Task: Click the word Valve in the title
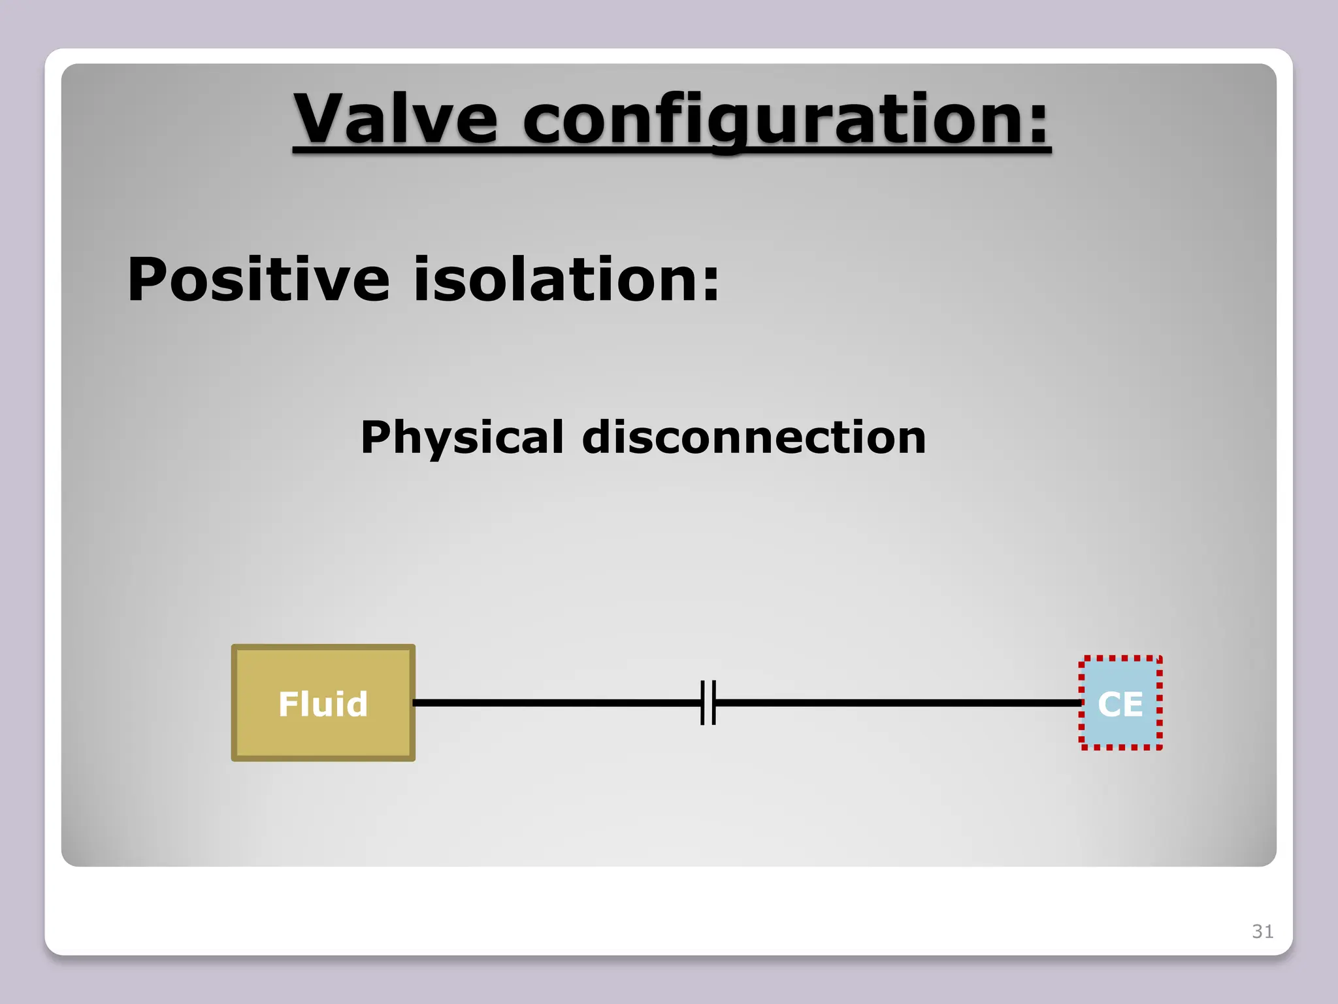pos(395,119)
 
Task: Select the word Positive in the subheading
pos(258,280)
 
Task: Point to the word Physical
pos(462,437)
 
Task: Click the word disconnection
pos(753,437)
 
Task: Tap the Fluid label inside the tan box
pos(323,704)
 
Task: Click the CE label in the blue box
pos(1120,704)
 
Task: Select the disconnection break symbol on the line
pos(708,703)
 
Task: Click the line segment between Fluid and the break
pos(555,703)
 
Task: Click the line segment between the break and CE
pos(895,703)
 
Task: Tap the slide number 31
pos(1262,931)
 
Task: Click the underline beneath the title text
pos(672,152)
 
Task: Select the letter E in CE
pos(1134,705)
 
